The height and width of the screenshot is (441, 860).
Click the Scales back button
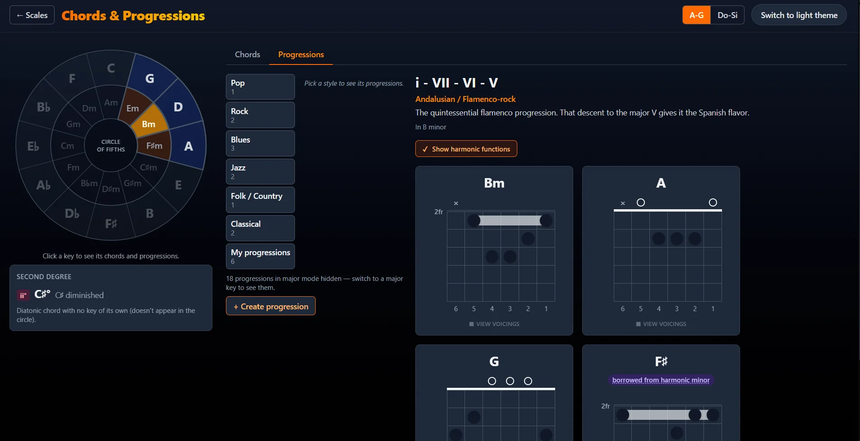32,15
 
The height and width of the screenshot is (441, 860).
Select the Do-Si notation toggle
727,15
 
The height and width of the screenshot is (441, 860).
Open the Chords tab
248,55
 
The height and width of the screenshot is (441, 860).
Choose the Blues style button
260,143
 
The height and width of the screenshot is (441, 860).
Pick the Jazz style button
260,171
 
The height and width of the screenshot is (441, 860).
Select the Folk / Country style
260,200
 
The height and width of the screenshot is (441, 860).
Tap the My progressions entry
260,256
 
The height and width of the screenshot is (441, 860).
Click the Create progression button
271,306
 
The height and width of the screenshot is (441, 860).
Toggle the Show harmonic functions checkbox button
466,149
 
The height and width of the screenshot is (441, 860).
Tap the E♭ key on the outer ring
33,146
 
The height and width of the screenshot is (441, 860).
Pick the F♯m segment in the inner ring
155,146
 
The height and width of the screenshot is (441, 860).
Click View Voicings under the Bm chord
494,324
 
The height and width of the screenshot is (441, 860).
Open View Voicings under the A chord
661,324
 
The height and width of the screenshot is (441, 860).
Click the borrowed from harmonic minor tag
661,380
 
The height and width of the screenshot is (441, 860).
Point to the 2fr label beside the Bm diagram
439,212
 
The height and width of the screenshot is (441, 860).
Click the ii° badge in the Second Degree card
23,295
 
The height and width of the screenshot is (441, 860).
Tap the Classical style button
260,228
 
